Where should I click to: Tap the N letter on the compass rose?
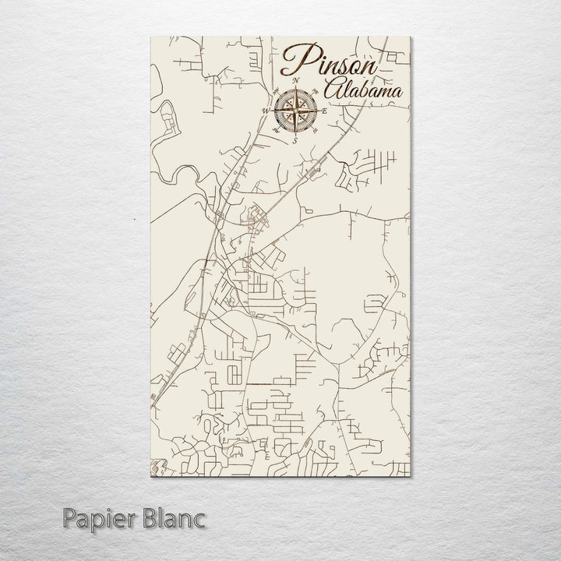point(296,80)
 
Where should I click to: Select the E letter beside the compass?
point(325,111)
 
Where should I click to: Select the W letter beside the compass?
point(265,111)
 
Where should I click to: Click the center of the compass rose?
point(296,111)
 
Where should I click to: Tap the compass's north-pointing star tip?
point(296,88)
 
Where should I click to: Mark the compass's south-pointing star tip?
point(296,135)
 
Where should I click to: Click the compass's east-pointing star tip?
point(319,111)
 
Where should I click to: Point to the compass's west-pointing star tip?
point(273,111)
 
